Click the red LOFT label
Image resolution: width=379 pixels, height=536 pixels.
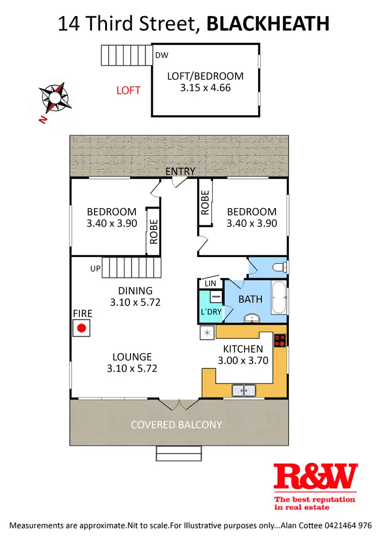[128, 90]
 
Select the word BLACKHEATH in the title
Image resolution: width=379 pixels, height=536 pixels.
[268, 23]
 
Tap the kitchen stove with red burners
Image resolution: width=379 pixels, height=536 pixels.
[280, 340]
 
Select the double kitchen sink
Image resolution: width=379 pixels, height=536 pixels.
[244, 390]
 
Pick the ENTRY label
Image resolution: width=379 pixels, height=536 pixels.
[180, 171]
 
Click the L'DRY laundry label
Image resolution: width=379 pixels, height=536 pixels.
[211, 312]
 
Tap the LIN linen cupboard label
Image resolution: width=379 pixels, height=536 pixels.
[210, 284]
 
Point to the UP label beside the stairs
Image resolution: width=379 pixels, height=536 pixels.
[95, 269]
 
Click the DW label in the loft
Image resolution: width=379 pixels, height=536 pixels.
[161, 56]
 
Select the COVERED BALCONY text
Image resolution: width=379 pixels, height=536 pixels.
[176, 424]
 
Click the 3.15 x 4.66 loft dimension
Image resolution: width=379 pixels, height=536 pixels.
[205, 87]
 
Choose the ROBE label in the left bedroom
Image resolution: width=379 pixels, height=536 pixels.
[154, 231]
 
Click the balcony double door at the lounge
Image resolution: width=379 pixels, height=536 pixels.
[179, 405]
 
